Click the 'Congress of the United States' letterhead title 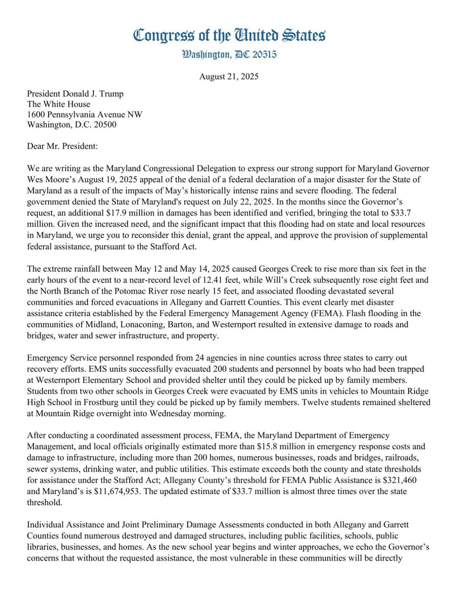click(x=229, y=35)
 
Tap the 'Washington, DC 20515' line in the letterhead click(x=229, y=55)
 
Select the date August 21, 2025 click(x=229, y=76)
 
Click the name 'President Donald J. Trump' click(x=75, y=94)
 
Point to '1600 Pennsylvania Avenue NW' click(x=84, y=114)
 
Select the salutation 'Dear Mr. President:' click(x=62, y=146)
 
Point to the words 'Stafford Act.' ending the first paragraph click(x=174, y=246)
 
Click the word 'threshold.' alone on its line click(x=44, y=502)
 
